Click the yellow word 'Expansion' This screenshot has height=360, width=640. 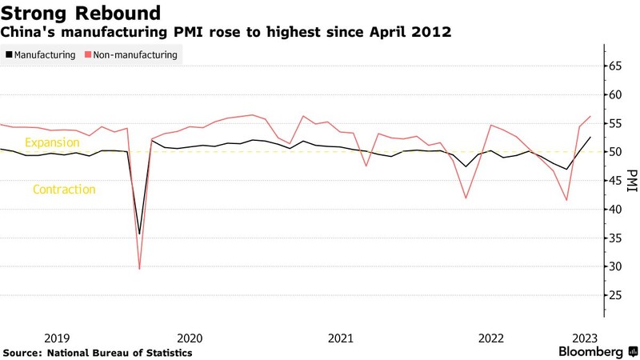pyautogui.click(x=53, y=142)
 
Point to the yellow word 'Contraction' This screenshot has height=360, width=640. pyautogui.click(x=64, y=190)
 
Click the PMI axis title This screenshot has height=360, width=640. pyautogui.click(x=632, y=182)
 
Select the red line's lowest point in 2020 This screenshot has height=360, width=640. pyautogui.click(x=140, y=269)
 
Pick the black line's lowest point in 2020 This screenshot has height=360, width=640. pyautogui.click(x=140, y=234)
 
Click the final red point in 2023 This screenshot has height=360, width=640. pyautogui.click(x=590, y=116)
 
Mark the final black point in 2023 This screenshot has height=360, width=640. pyautogui.click(x=590, y=138)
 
